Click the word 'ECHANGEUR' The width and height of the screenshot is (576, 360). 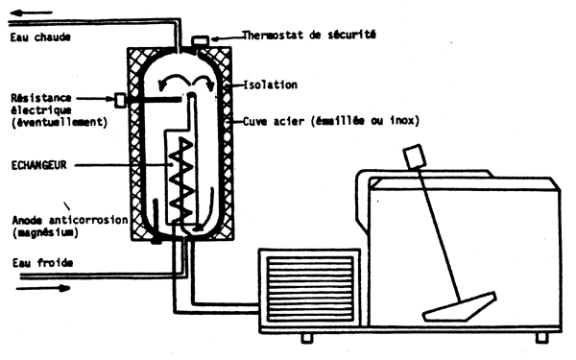pyautogui.click(x=37, y=166)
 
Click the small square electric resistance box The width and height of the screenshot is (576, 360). pyautogui.click(x=120, y=99)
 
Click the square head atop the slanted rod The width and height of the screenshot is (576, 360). pyautogui.click(x=417, y=156)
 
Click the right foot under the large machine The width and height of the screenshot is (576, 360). pyautogui.click(x=543, y=337)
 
